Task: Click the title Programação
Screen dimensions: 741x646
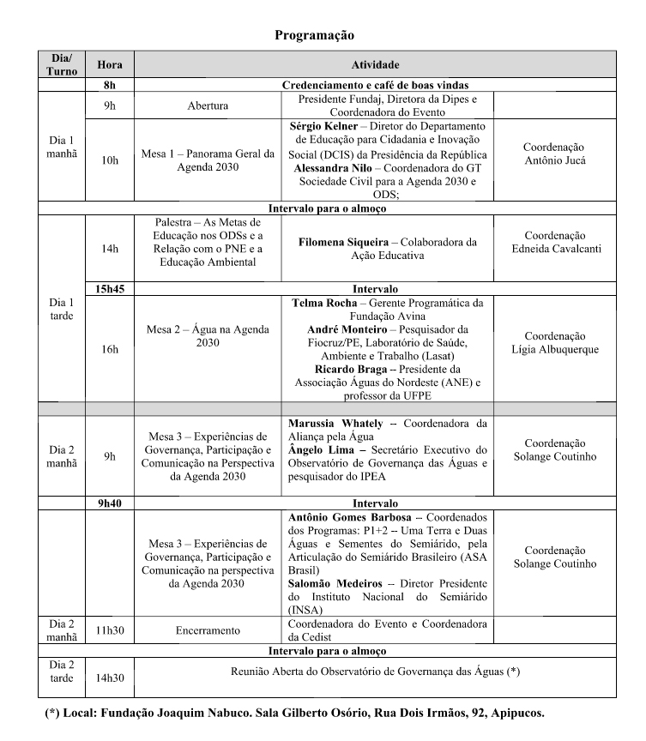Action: point(314,35)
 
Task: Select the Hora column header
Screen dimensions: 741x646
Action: point(110,64)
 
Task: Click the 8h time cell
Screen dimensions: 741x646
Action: point(110,85)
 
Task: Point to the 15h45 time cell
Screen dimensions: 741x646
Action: point(110,289)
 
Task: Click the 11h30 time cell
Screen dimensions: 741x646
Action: point(110,630)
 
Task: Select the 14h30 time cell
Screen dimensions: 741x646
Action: point(110,678)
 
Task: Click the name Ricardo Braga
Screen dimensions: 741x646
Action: point(324,369)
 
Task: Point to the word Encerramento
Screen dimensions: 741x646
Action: point(208,630)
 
